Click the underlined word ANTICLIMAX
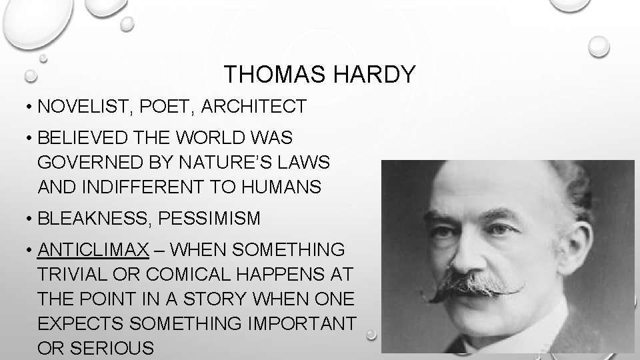[93, 250]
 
